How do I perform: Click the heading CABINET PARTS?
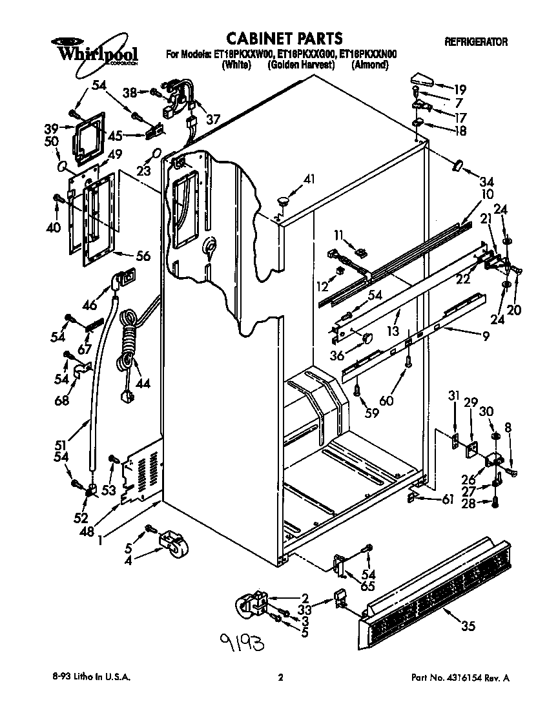[x=285, y=38]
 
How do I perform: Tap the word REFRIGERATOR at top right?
[x=476, y=42]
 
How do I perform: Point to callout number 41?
[x=310, y=180]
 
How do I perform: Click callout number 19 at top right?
[x=459, y=89]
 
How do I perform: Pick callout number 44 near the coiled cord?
[x=142, y=384]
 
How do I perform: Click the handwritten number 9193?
[x=242, y=642]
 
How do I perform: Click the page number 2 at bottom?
[x=280, y=678]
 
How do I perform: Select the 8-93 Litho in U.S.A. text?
[x=90, y=678]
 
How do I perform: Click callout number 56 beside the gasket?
[x=142, y=256]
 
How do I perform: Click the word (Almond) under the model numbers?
[x=369, y=65]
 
